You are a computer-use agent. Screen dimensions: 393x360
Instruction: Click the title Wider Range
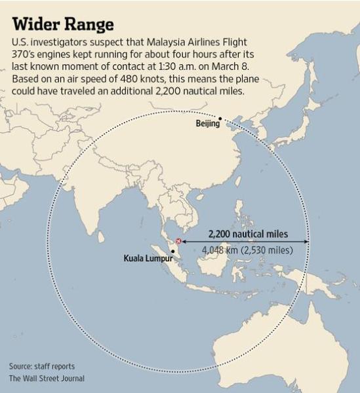[63, 24]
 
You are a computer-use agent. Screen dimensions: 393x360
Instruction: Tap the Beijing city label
[207, 124]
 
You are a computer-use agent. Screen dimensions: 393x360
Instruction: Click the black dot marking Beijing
[220, 119]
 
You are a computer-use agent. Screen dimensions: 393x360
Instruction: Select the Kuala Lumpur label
[148, 258]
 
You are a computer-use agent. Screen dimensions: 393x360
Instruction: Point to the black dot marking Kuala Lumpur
[173, 252]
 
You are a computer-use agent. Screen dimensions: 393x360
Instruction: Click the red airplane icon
[177, 242]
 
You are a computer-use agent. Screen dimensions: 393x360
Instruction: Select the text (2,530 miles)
[268, 250]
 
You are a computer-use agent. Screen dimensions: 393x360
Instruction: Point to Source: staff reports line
[42, 366]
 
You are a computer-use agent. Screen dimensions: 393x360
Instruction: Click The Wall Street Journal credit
[47, 379]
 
